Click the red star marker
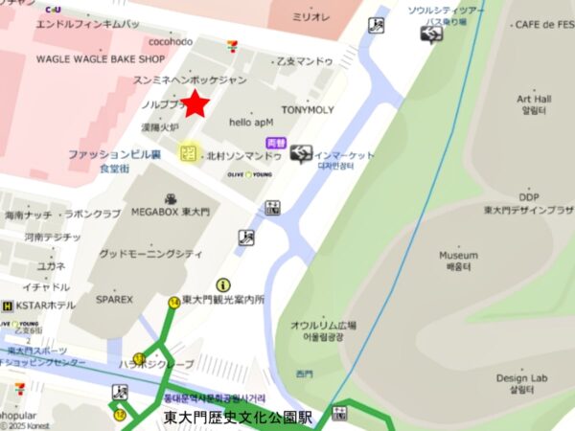pos(196,103)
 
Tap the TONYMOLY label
pos(308,110)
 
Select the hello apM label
pos(251,122)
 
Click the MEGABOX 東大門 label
pos(171,212)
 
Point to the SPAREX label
pos(115,299)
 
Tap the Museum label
pos(458,256)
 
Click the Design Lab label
pos(521,378)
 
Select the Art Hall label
pos(534,99)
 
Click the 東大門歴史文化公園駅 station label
pos(239,418)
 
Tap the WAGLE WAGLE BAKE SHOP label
pos(101,58)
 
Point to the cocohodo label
pos(171,42)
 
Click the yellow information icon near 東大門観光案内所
pos(223,284)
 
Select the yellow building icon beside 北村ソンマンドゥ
pos(188,153)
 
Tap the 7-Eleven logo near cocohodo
pos(232,44)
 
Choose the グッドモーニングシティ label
pos(150,254)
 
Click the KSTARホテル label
pos(45,306)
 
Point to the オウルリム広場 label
pos(323,326)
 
